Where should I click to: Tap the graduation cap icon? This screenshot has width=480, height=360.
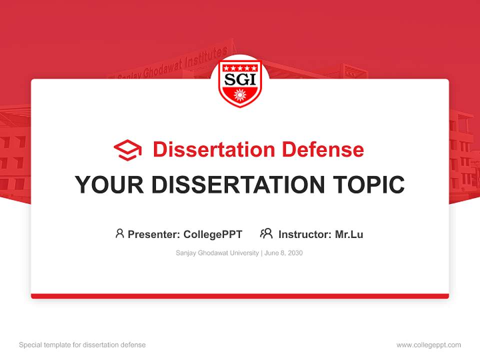point(127,150)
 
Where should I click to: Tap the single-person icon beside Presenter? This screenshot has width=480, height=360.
point(119,233)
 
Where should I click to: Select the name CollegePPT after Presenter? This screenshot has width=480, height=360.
point(213,234)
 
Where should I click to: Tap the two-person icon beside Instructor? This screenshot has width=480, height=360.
point(266,233)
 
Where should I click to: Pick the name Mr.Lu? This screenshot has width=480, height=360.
point(349,234)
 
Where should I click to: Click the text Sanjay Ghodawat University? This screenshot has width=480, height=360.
point(217,253)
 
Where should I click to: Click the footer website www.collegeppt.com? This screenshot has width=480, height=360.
point(428,345)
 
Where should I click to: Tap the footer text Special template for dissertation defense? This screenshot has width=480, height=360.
point(82,345)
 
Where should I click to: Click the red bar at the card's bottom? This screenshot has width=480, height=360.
point(240,296)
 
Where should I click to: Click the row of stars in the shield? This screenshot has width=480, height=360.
point(240,67)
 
